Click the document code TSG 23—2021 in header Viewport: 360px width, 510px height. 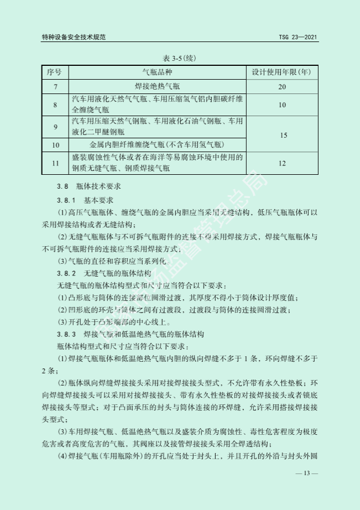(x=298, y=38)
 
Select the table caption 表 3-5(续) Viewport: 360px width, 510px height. (x=180, y=58)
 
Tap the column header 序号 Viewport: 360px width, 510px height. (x=55, y=72)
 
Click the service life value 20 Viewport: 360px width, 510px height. (x=282, y=87)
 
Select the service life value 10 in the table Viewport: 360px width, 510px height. (x=282, y=105)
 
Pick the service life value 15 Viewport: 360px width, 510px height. (x=282, y=134)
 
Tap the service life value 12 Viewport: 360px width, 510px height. (x=282, y=163)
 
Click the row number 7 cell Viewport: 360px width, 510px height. (x=55, y=87)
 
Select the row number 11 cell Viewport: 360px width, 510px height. (x=55, y=163)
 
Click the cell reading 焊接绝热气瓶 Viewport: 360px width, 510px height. (x=158, y=87)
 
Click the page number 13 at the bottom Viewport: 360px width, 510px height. (x=307, y=474)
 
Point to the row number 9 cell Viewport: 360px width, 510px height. (x=55, y=127)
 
